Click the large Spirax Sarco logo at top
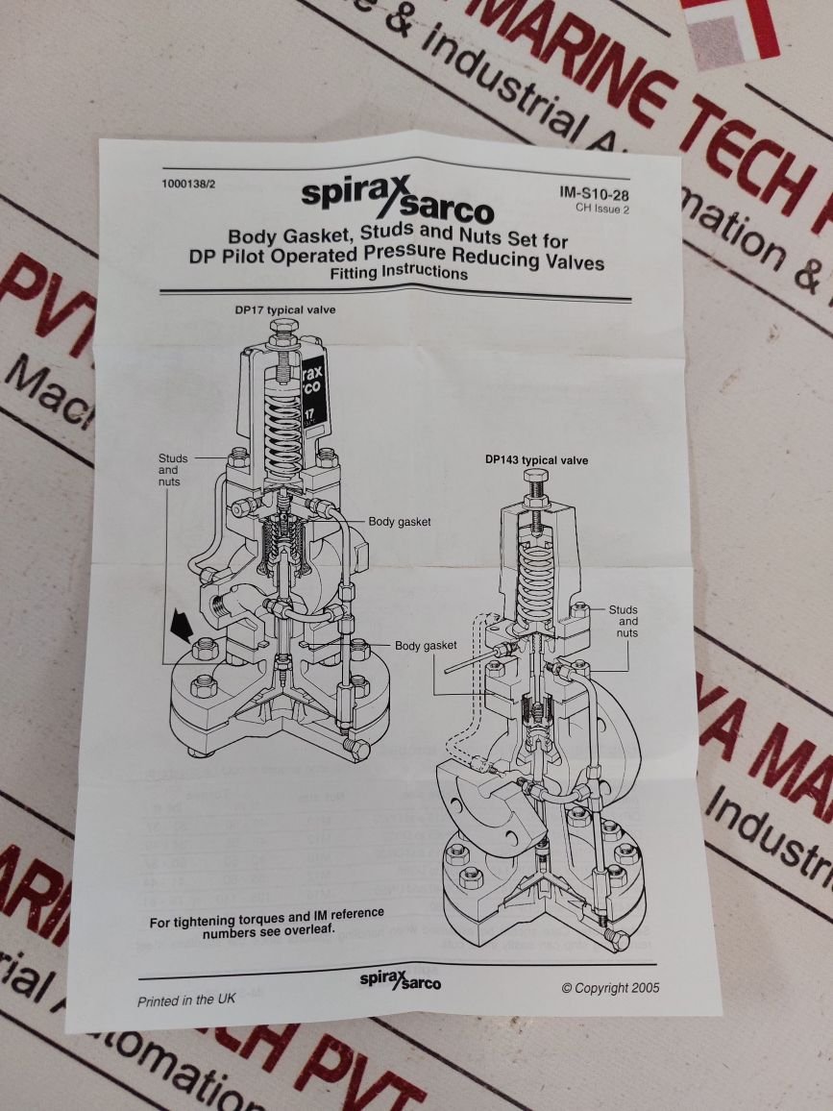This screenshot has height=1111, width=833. click(x=397, y=198)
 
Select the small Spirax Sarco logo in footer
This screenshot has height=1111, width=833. click(x=401, y=980)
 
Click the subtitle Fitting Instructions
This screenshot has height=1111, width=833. click(x=398, y=273)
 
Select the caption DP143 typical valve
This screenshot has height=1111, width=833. click(x=536, y=460)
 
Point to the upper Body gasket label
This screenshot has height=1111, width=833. click(x=400, y=522)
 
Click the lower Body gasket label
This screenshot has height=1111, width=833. click(x=426, y=645)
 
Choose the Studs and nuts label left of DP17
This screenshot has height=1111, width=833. click(x=172, y=470)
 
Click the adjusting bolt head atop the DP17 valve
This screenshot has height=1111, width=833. click(x=283, y=330)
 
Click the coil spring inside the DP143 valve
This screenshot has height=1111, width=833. click(x=535, y=578)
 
